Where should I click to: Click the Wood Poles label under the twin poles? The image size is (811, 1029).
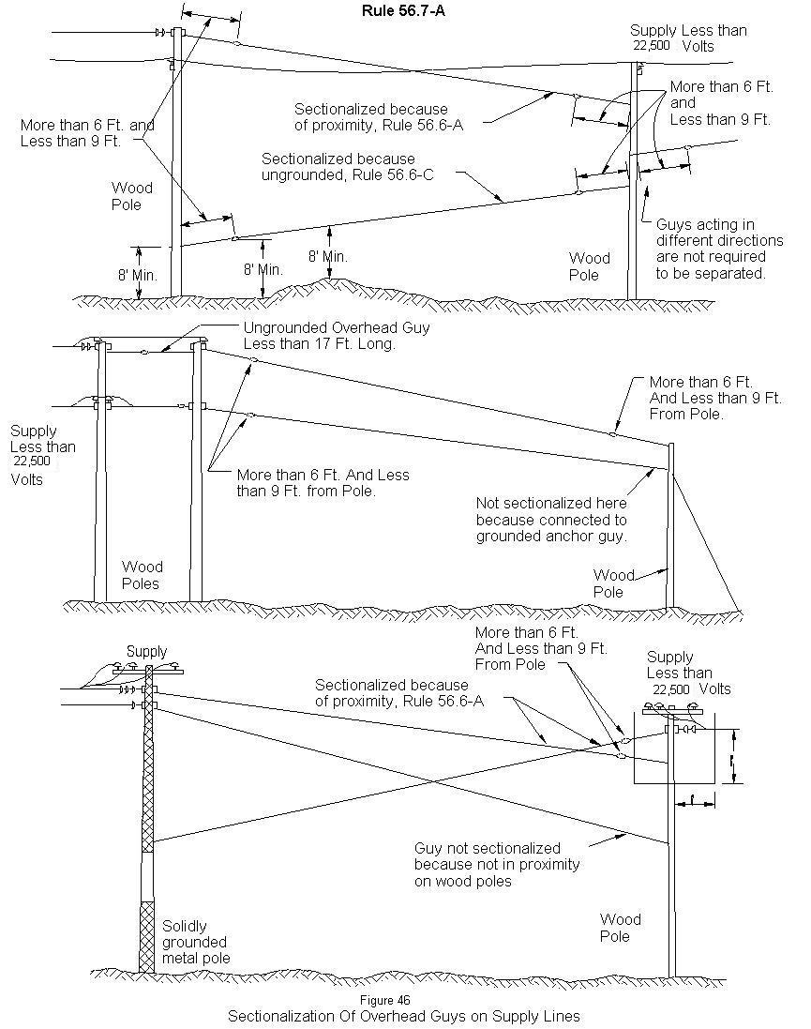coord(142,575)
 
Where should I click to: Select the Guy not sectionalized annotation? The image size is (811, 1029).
coord(496,864)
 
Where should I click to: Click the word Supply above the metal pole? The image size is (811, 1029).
coord(146,651)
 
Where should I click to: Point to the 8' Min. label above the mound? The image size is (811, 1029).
coord(327,255)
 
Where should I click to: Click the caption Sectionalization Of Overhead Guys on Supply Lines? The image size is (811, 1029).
coord(404,1016)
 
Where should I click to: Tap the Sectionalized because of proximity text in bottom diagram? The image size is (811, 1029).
coord(382,692)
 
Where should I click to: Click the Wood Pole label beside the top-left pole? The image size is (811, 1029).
coord(131,196)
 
